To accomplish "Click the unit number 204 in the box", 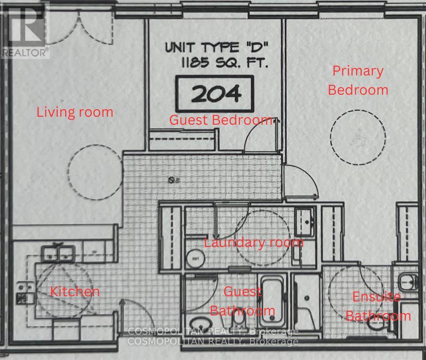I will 214,93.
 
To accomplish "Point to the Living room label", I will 75,112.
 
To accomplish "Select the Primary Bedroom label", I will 358,80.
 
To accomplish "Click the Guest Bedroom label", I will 221,120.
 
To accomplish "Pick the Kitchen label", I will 75,292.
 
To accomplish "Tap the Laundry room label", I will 253,242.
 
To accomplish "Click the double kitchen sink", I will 58,254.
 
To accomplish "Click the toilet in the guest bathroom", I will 237,321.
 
